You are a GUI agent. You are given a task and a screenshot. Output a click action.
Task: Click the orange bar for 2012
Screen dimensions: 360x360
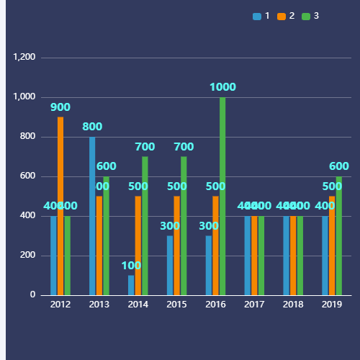click(60, 206)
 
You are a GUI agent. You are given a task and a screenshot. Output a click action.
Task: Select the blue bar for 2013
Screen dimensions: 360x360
click(92, 216)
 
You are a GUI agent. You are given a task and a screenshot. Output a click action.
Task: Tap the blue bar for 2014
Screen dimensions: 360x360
click(131, 285)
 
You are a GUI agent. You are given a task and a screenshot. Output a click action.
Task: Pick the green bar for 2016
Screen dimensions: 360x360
click(222, 196)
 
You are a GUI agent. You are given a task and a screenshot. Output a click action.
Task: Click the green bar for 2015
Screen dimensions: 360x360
click(184, 226)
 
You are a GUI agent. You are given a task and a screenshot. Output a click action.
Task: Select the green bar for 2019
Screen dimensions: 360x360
click(339, 235)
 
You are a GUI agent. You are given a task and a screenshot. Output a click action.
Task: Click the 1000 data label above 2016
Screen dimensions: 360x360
click(222, 87)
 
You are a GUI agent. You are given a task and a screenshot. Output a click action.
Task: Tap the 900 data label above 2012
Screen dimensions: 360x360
click(60, 107)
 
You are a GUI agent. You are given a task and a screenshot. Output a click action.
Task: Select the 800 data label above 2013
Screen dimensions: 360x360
click(92, 127)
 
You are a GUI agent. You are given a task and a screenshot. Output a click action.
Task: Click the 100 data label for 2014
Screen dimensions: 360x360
click(131, 265)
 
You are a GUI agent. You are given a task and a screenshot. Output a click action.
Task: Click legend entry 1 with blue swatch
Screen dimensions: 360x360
click(261, 16)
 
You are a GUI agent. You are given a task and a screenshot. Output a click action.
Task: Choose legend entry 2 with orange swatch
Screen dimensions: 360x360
click(286, 16)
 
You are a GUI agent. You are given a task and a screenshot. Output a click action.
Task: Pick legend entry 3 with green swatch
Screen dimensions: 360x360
click(310, 16)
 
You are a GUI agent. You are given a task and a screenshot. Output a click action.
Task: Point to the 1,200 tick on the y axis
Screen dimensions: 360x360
click(24, 58)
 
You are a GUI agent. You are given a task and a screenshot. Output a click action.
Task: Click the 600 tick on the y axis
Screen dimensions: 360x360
click(28, 176)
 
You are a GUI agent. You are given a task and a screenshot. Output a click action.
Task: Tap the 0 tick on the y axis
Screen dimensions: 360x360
click(32, 295)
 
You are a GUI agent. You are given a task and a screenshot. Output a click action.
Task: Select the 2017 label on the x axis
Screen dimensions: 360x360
click(254, 305)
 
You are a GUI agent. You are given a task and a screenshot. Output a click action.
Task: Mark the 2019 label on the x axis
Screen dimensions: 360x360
click(332, 305)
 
